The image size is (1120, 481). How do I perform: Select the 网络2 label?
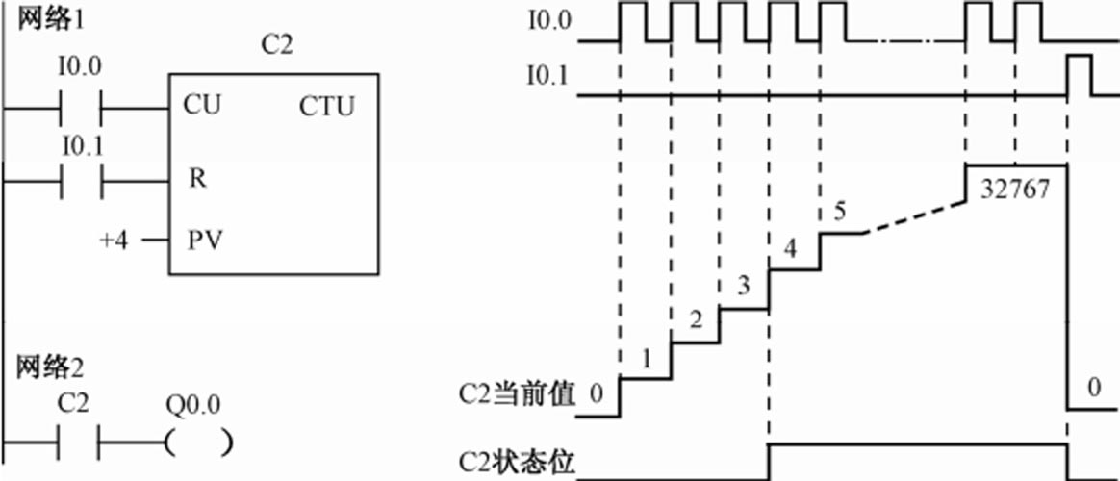(x=47, y=367)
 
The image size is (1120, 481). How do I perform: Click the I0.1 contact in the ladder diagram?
(x=81, y=180)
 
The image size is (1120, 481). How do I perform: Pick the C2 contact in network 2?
(x=81, y=443)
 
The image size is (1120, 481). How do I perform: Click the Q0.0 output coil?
(x=198, y=443)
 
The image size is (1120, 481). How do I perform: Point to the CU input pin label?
(x=201, y=104)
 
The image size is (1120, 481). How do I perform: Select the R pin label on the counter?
(x=197, y=179)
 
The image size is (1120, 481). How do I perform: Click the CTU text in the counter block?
(x=326, y=106)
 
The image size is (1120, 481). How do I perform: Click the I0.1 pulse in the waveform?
(x=1079, y=75)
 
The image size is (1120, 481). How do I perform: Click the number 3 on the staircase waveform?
(x=743, y=286)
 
